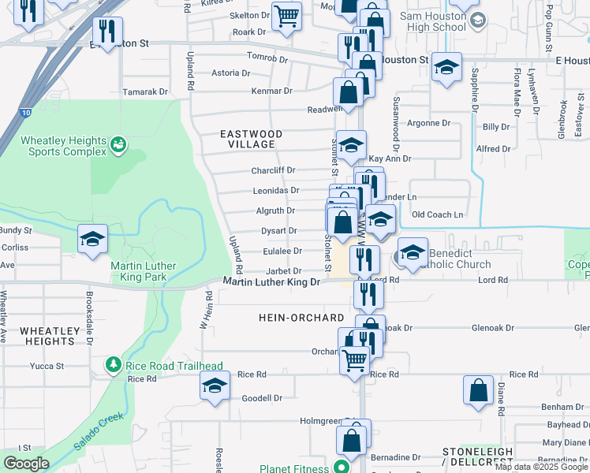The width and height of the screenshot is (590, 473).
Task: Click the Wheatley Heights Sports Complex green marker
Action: [x=118, y=144]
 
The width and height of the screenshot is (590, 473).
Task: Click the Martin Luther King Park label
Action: [x=144, y=271]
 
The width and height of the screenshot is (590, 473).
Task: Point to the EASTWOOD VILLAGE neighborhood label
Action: [x=247, y=140]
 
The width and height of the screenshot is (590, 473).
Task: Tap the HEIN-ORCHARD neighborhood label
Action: [x=301, y=318]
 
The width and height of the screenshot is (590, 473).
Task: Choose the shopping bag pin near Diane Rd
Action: [x=478, y=390]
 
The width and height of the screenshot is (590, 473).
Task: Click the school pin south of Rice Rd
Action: [x=214, y=385]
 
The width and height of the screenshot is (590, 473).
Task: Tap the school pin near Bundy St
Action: [x=92, y=238]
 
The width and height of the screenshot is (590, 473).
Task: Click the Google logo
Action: [x=26, y=464]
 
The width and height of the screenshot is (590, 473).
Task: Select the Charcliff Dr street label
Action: [x=273, y=170]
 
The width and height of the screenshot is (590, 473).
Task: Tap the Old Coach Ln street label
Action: [x=438, y=214]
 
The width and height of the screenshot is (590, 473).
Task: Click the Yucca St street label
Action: [x=48, y=366]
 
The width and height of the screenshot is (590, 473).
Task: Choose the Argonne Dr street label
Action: [x=428, y=124]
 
